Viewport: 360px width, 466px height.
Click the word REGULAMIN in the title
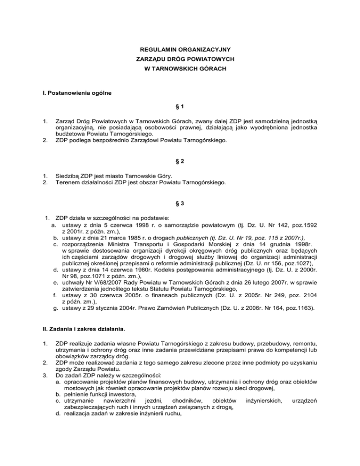coord(156,49)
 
